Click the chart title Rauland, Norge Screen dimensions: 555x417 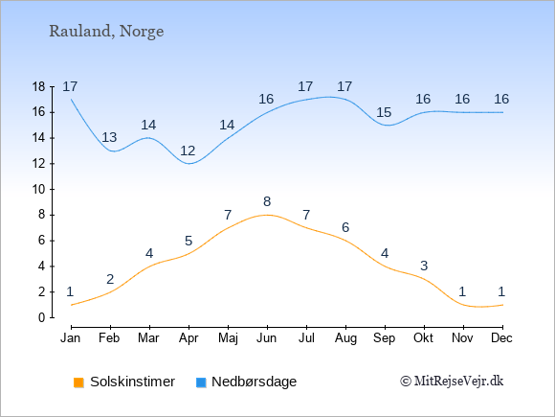coord(106,32)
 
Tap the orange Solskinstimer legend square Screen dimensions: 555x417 coord(78,382)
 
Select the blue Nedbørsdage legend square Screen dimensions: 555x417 coord(201,382)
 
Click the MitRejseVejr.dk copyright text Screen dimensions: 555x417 coord(452,382)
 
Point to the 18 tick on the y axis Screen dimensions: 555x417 coord(38,86)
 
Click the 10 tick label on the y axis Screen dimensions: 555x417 coord(38,190)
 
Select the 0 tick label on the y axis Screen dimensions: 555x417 coord(42,317)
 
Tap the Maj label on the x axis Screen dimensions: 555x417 coord(228,338)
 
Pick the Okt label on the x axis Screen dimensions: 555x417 coord(423,338)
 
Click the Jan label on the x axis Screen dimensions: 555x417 coord(71,338)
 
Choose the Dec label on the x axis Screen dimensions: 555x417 coord(501,338)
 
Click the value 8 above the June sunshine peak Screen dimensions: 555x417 coord(267,201)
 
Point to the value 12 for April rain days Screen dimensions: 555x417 coord(188,151)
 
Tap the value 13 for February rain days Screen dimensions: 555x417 coord(109,137)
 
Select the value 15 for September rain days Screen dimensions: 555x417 coord(384,113)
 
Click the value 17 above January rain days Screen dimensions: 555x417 coord(70,86)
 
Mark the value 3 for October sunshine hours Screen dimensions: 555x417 coord(424,266)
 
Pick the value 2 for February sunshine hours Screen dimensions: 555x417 coord(110,279)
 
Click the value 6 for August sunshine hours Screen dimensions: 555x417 coord(345,227)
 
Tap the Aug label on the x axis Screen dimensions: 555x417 coord(345,338)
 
